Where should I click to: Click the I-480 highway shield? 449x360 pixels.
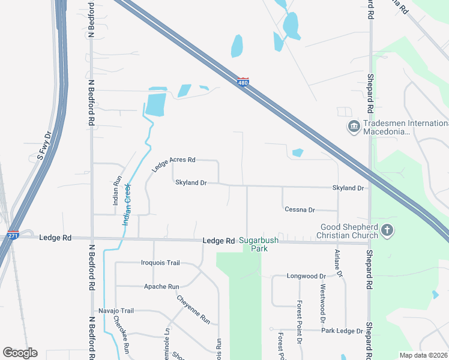(x=243, y=83)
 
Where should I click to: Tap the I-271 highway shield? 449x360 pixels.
(x=13, y=235)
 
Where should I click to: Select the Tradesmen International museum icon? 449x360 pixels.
(x=354, y=127)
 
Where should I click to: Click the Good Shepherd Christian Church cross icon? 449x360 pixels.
(x=387, y=230)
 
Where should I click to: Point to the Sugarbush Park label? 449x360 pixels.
(x=259, y=244)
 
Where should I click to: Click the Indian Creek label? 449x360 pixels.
(x=127, y=204)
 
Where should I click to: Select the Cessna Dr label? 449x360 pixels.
(x=300, y=209)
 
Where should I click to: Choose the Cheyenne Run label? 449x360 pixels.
(x=193, y=310)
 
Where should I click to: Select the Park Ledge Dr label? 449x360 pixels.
(x=342, y=331)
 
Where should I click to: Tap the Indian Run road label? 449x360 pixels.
(x=118, y=190)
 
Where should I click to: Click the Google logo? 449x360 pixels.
(x=20, y=353)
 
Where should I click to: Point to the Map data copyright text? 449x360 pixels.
(x=423, y=355)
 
